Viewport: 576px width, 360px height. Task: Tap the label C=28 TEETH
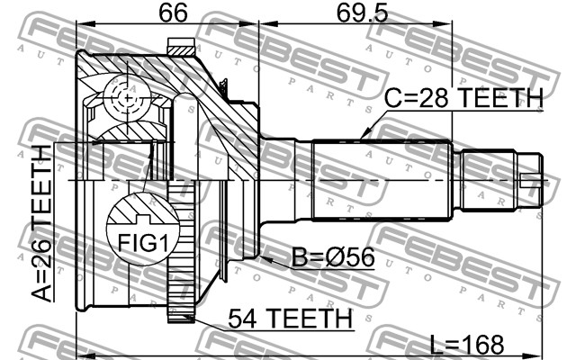pos(463,98)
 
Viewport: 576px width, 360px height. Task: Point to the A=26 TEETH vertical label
pos(41,223)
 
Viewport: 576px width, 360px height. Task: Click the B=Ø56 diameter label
pos(333,256)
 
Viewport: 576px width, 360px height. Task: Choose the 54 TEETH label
pos(290,318)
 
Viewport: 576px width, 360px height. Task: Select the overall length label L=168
pos(466,345)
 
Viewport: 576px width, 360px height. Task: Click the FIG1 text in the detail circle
pos(142,243)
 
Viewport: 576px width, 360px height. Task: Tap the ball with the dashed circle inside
pos(127,98)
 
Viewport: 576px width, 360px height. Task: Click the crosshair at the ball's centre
pos(127,98)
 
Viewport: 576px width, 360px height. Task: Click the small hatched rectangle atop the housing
pos(181,47)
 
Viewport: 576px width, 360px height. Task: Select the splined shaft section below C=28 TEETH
pos(382,180)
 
